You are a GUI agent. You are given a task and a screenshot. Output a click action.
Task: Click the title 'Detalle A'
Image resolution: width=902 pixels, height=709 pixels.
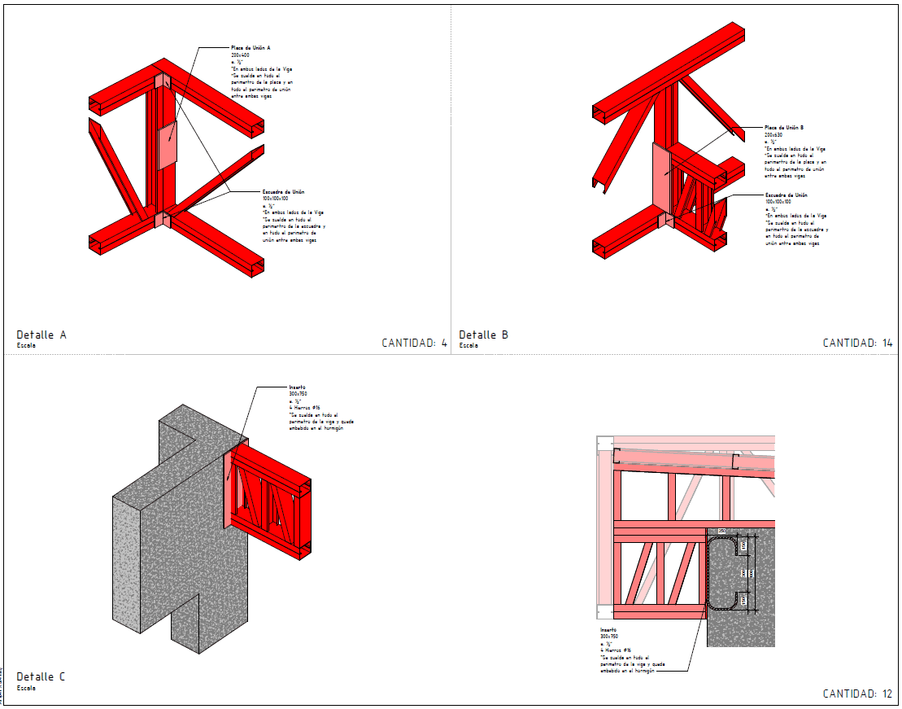click(x=41, y=335)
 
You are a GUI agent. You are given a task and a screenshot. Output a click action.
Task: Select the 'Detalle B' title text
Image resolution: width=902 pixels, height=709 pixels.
click(x=484, y=335)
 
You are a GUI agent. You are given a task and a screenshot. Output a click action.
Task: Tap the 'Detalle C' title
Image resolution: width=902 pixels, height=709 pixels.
click(x=41, y=676)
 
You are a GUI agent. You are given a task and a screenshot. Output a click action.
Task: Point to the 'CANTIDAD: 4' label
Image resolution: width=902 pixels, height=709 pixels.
click(x=414, y=343)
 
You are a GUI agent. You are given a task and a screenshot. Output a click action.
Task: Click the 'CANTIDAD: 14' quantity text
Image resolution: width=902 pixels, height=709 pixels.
click(x=857, y=343)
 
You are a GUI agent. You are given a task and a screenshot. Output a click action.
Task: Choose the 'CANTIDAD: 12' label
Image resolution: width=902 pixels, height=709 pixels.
click(x=857, y=694)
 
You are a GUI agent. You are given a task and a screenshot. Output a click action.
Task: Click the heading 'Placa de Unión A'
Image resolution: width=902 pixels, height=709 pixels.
click(x=251, y=48)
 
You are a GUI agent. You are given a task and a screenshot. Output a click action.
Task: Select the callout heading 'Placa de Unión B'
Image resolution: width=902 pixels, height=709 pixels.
click(x=784, y=128)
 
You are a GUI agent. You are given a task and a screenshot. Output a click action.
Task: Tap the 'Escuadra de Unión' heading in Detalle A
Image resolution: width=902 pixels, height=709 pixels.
click(x=283, y=191)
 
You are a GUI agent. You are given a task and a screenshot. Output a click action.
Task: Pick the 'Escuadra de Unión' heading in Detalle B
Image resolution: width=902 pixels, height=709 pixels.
click(x=786, y=195)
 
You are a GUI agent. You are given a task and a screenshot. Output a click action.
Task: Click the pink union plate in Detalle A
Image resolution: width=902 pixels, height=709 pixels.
click(x=168, y=147)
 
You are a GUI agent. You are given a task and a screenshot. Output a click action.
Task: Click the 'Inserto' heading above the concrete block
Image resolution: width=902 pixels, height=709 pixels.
click(x=297, y=387)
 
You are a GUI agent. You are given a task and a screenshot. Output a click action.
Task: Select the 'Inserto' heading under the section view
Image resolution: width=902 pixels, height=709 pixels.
click(x=608, y=630)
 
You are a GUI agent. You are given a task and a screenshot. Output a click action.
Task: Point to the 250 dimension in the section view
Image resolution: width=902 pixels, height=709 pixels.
click(x=721, y=531)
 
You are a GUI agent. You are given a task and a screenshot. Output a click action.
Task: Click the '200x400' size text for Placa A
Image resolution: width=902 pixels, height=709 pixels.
click(x=240, y=55)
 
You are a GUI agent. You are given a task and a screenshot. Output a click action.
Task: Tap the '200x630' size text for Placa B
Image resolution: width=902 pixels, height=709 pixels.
click(x=773, y=134)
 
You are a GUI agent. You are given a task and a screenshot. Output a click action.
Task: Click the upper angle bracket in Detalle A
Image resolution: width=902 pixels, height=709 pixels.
click(x=160, y=81)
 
